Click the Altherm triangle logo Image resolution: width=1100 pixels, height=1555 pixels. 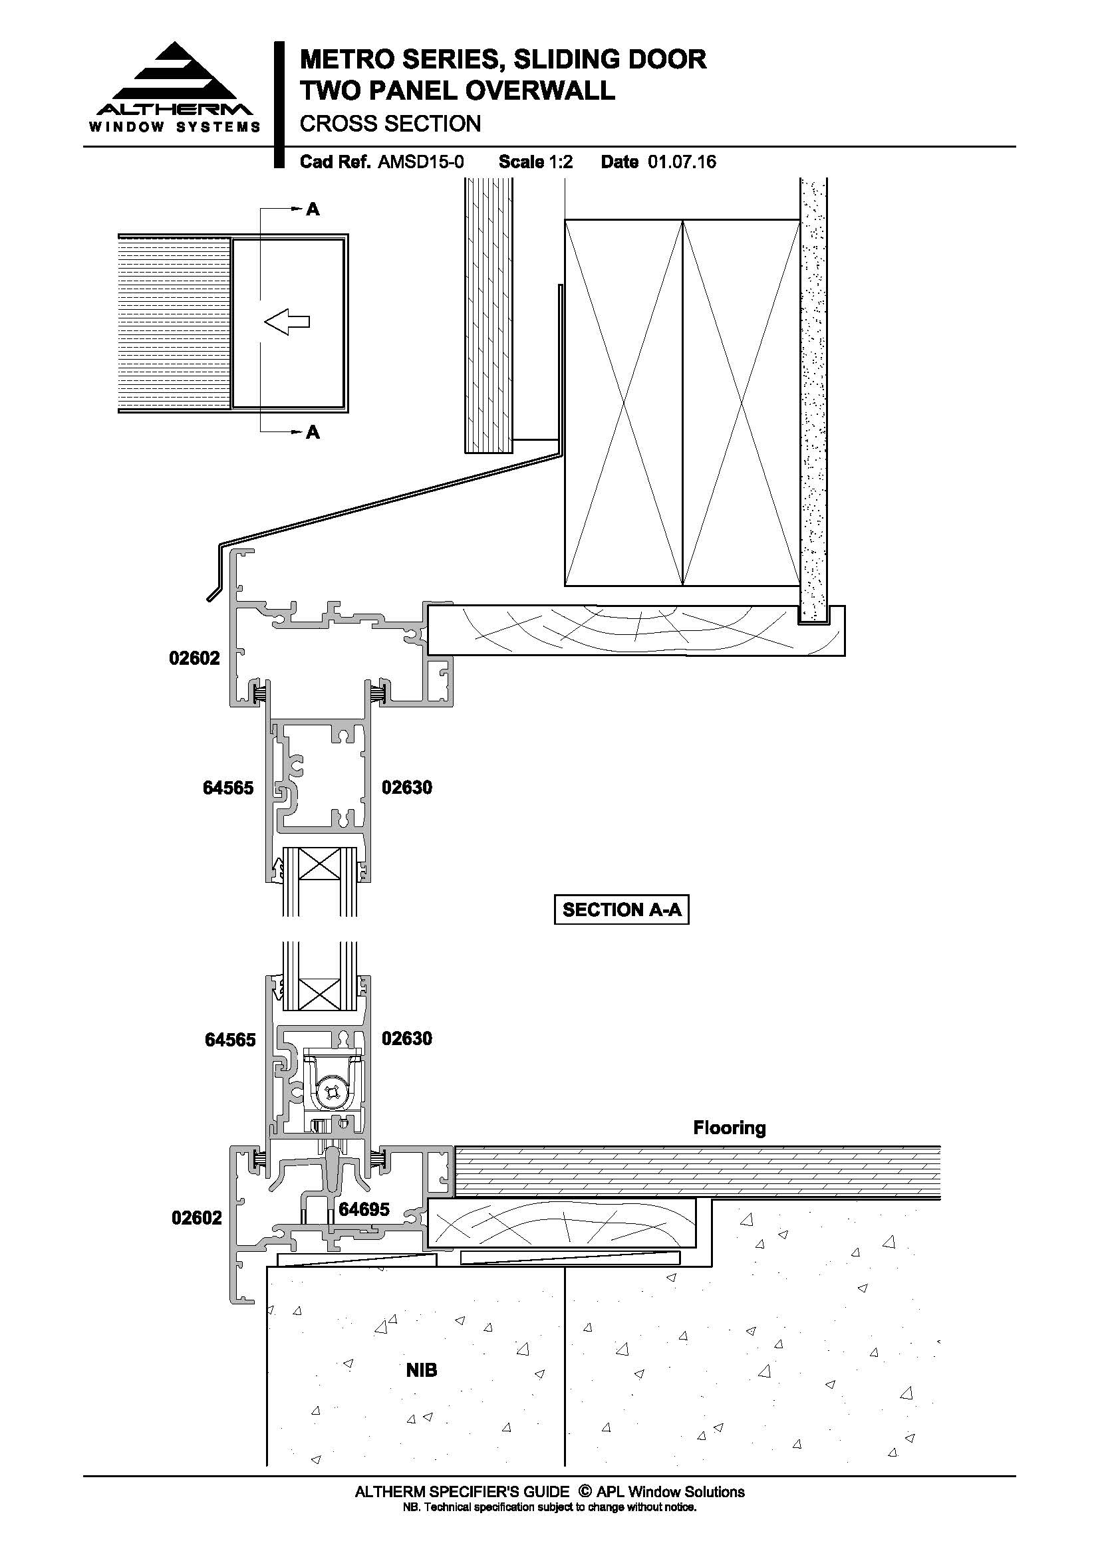pos(175,72)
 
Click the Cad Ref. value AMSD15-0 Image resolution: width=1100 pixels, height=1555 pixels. pos(420,162)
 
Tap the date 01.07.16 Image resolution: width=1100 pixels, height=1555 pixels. pos(682,162)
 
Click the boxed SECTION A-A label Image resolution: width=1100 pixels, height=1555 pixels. pos(622,909)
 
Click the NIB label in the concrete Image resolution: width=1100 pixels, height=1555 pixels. pos(421,1371)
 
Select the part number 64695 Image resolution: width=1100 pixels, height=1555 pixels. pos(364,1209)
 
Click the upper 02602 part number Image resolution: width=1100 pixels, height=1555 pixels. pos(194,658)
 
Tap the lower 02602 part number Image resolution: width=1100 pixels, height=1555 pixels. pos(196,1218)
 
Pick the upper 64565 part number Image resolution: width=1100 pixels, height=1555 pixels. pos(228,788)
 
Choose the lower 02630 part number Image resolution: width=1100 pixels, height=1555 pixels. pos(407,1038)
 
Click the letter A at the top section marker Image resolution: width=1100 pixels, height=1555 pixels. pos(313,209)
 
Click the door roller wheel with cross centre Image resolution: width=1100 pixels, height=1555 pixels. pos(332,1090)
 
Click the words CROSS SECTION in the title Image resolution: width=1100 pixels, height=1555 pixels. pos(390,124)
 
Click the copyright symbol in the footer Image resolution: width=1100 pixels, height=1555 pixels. pos(585,1492)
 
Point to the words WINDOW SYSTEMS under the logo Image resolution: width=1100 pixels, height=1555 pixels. pos(175,127)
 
